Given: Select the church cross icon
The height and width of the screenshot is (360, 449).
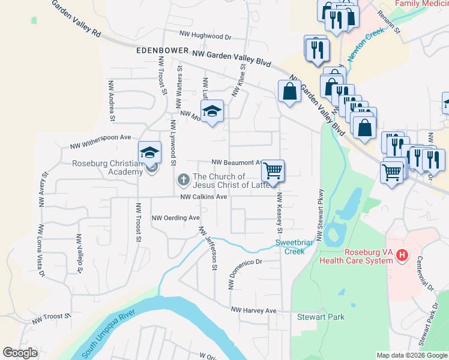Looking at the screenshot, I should (x=182, y=179).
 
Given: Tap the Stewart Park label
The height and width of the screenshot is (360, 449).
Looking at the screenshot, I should (x=321, y=316).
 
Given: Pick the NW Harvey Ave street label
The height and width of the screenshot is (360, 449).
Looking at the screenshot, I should (x=254, y=310).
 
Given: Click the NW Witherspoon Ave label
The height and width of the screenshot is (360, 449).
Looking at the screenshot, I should (x=100, y=142).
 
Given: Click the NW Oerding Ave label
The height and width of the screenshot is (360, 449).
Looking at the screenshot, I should (x=175, y=218).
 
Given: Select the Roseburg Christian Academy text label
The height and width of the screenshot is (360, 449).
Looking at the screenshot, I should (x=107, y=167).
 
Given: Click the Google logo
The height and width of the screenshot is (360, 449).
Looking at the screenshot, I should (x=20, y=353).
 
